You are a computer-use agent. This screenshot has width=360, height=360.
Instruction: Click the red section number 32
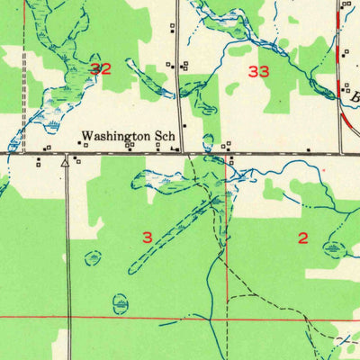(x=101, y=68)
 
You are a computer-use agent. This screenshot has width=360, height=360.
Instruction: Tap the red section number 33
(x=259, y=70)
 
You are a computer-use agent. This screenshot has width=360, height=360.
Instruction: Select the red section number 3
(x=148, y=237)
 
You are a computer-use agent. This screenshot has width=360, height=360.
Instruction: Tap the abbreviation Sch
(x=165, y=138)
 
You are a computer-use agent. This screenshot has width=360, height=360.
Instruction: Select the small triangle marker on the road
(x=66, y=164)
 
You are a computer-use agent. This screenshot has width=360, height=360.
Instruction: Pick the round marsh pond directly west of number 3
(x=93, y=258)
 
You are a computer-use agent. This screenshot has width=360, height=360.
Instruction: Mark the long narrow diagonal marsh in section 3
(x=171, y=234)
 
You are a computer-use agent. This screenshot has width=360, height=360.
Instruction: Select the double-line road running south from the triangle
(x=67, y=252)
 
